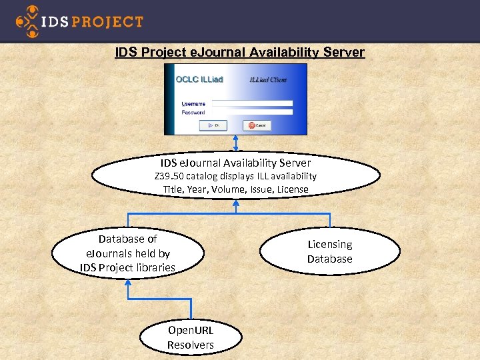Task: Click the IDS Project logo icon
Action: point(27,21)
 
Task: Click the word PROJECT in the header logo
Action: point(107,21)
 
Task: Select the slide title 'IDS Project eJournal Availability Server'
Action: point(239,52)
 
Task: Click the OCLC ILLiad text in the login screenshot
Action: point(199,79)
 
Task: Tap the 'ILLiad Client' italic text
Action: point(268,80)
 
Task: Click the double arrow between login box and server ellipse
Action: point(235,144)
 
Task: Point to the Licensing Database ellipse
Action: point(329,251)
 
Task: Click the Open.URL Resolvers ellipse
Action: point(191,338)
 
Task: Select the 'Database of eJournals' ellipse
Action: point(127,253)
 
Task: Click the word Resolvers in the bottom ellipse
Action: point(191,345)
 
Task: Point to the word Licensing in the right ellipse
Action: point(329,245)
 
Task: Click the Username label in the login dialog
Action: point(193,103)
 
